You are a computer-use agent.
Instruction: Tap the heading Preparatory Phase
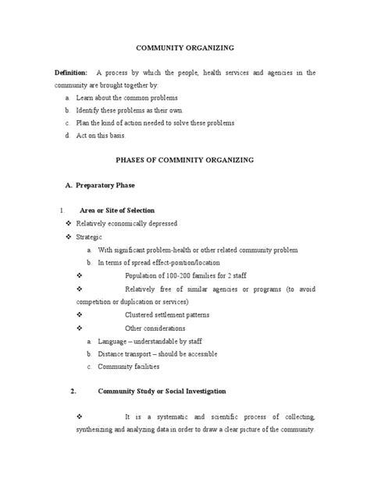click(x=114, y=185)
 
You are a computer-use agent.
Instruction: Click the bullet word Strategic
click(x=89, y=236)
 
